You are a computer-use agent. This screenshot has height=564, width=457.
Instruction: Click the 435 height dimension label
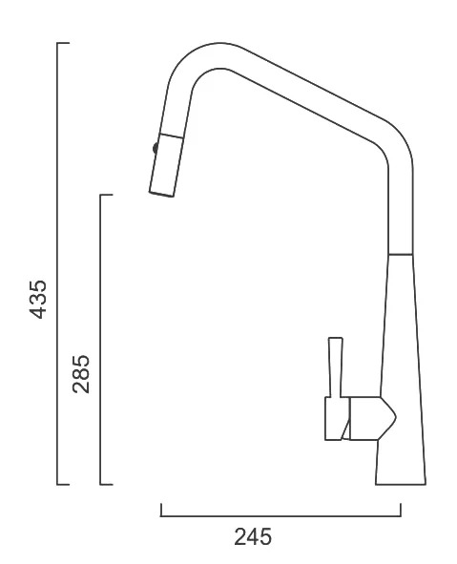click(x=38, y=300)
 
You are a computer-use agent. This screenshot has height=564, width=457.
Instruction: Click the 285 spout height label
click(x=81, y=374)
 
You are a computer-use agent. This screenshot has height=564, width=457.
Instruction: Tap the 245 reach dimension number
click(x=253, y=536)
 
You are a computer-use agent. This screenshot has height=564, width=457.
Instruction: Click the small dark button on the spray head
click(x=156, y=148)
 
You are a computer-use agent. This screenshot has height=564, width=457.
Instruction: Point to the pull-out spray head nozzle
click(x=167, y=165)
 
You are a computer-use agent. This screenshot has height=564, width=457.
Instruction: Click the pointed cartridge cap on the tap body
click(x=372, y=418)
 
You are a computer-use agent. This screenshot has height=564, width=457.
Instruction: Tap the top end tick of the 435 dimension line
click(x=63, y=43)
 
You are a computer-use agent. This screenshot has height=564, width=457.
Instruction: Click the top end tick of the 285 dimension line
click(x=107, y=195)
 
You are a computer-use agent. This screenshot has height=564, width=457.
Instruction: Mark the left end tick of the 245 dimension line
click(x=161, y=510)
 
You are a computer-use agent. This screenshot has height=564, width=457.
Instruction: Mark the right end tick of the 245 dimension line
click(x=401, y=510)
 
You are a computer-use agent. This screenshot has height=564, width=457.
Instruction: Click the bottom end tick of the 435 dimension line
click(x=63, y=484)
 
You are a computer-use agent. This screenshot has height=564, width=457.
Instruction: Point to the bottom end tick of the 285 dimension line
click(x=107, y=484)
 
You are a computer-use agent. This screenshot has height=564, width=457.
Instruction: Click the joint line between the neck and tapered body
click(x=401, y=255)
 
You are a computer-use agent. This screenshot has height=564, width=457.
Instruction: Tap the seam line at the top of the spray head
click(x=172, y=136)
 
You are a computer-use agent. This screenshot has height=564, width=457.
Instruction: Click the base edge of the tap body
click(x=401, y=484)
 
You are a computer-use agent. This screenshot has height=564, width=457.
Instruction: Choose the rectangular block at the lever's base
click(x=337, y=418)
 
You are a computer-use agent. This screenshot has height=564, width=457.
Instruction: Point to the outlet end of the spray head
click(x=161, y=195)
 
